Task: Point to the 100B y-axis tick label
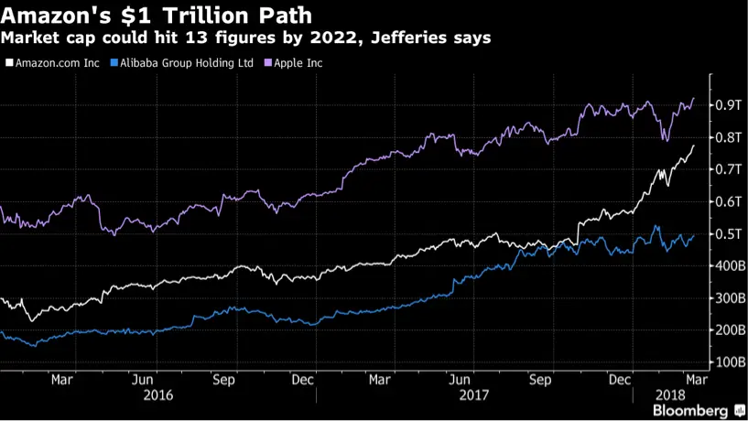pyautogui.click(x=729, y=362)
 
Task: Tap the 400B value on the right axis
pyautogui.click(x=729, y=266)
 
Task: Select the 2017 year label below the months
pyautogui.click(x=474, y=395)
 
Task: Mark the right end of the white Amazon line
pyautogui.click(x=694, y=145)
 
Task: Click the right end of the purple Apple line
pyautogui.click(x=694, y=98)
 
